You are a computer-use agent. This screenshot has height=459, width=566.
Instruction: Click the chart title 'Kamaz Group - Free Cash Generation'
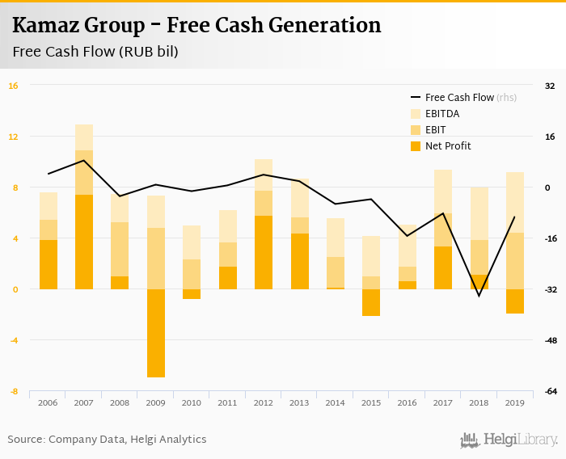[196, 26]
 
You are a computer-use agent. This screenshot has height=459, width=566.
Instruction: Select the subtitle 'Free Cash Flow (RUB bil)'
[95, 52]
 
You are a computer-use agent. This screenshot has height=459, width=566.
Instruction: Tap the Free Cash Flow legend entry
[458, 97]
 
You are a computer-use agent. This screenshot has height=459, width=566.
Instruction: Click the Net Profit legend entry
[447, 146]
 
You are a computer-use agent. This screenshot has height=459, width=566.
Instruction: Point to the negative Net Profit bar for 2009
[156, 333]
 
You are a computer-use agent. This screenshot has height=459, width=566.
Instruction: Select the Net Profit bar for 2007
[84, 242]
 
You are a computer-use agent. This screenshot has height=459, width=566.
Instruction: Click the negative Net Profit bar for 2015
[371, 302]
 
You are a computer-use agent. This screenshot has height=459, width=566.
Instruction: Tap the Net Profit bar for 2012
[264, 252]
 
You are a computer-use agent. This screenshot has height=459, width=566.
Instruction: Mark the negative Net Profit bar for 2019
[514, 301]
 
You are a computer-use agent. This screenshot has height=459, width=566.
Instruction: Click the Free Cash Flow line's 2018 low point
[479, 296]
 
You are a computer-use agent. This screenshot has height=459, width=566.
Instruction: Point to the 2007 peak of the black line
[84, 160]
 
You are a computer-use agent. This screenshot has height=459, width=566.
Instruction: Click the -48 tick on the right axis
[550, 340]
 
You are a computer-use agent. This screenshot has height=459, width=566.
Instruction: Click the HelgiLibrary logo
[509, 440]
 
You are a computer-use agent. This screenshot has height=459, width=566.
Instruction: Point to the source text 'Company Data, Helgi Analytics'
[127, 440]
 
